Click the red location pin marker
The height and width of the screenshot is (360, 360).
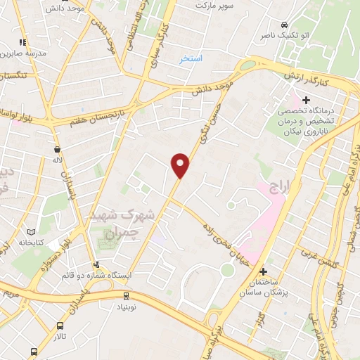point(181,166)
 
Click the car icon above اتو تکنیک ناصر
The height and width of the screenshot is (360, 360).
point(283,22)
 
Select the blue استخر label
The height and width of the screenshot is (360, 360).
point(191,58)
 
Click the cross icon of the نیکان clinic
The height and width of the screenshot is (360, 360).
point(306,101)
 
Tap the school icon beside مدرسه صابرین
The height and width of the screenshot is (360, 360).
point(22,42)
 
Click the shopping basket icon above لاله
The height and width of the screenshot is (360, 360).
point(56,149)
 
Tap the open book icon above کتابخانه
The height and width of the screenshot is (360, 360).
point(30,231)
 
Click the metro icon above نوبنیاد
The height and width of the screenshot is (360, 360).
point(127,296)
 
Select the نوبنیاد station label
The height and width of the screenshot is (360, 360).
point(127,308)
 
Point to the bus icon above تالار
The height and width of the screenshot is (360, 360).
point(59,326)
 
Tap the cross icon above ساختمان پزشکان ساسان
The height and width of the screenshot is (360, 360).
point(264,271)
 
